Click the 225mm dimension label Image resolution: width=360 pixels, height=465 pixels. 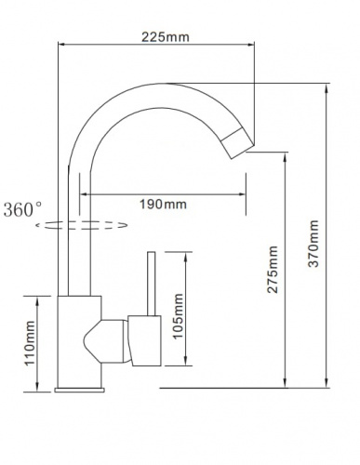click(x=166, y=37)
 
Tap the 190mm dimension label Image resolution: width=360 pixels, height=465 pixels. click(x=163, y=205)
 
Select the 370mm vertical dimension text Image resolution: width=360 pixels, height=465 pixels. click(x=313, y=244)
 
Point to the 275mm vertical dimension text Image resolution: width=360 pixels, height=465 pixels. click(x=273, y=270)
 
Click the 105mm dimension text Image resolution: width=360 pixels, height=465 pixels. click(x=178, y=316)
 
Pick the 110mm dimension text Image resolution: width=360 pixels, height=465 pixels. click(x=30, y=343)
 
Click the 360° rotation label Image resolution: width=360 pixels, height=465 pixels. click(x=22, y=209)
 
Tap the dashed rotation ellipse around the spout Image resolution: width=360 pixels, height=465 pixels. click(x=82, y=225)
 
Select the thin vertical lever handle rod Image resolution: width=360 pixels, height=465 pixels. click(x=152, y=284)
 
